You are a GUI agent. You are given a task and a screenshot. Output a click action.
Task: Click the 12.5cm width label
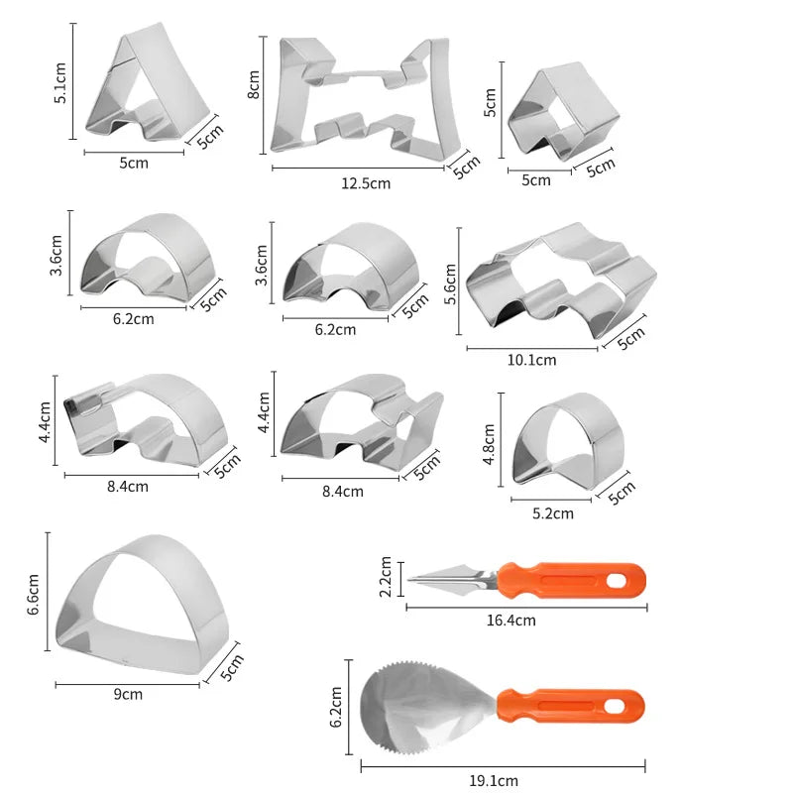pos(366,183)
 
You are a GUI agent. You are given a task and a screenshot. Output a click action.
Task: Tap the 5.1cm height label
pos(60,83)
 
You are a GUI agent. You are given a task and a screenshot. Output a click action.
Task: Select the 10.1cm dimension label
pos(531,360)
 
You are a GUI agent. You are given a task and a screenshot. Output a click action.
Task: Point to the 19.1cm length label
pos(494,780)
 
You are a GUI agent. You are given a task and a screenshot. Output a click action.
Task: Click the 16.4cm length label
pos(510,621)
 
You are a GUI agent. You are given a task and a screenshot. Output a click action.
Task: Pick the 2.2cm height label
pos(386,577)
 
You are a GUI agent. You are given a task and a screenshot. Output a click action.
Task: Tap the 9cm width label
pos(128,694)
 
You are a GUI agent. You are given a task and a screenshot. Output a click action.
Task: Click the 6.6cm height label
pos(33,594)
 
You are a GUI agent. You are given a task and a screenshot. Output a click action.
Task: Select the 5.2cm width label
pos(553,513)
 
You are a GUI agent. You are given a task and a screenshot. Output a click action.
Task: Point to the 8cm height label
pos(254,84)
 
